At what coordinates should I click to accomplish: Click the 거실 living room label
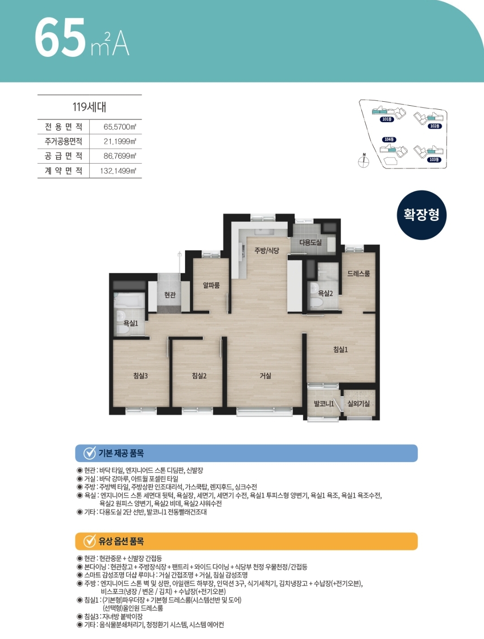click(265, 376)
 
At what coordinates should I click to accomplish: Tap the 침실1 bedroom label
click(341, 350)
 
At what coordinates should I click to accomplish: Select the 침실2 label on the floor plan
click(199, 376)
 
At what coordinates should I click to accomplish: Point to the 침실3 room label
click(141, 376)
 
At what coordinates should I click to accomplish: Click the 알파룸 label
click(211, 285)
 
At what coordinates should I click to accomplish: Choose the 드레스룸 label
click(359, 273)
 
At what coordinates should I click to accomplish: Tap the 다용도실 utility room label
click(311, 242)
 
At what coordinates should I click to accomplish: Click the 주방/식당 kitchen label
click(267, 250)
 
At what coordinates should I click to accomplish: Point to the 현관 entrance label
click(170, 295)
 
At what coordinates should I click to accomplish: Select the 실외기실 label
click(359, 403)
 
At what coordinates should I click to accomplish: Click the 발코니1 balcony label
click(324, 404)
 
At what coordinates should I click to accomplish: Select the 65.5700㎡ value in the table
click(120, 127)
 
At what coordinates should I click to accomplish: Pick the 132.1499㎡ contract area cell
click(118, 171)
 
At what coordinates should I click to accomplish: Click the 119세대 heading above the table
click(89, 107)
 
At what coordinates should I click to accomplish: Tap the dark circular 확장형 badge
click(421, 215)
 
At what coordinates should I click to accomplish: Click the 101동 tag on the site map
click(387, 119)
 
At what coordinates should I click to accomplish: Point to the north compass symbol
click(363, 161)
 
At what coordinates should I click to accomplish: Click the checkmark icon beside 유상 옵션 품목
click(90, 541)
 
